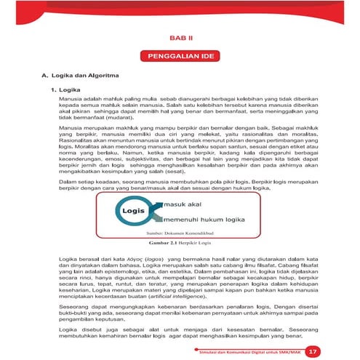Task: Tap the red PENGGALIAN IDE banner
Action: click(x=180, y=55)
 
